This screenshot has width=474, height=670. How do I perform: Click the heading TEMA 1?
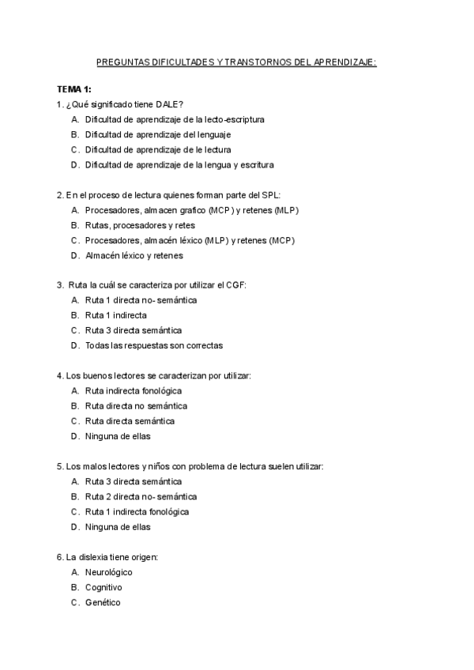74,89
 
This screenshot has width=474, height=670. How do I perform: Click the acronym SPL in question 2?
270,195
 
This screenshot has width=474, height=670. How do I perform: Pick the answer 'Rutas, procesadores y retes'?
140,225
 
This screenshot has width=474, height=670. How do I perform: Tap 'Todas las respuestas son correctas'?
154,345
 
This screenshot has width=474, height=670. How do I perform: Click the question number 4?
60,375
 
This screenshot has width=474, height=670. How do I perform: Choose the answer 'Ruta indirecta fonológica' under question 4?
134,390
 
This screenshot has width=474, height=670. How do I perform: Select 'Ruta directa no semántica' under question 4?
136,405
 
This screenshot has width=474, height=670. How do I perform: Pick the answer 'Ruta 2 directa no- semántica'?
141,496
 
